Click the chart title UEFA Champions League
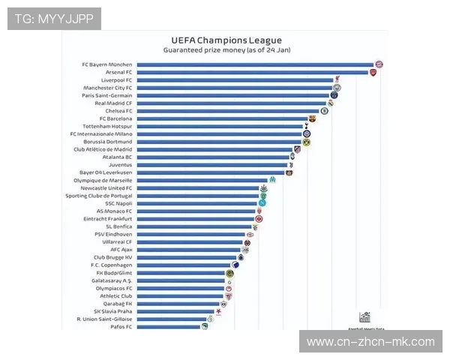point(226,40)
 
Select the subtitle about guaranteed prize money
point(226,49)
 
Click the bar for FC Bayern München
point(255,64)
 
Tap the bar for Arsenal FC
point(252,72)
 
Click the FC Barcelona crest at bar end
point(313,118)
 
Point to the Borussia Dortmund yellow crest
point(306,142)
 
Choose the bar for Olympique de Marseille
point(201,180)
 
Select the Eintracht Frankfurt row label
point(109,218)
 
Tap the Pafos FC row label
point(120,327)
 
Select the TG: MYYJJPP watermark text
point(54,19)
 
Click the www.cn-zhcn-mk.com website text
point(370,342)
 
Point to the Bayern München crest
point(379,64)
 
